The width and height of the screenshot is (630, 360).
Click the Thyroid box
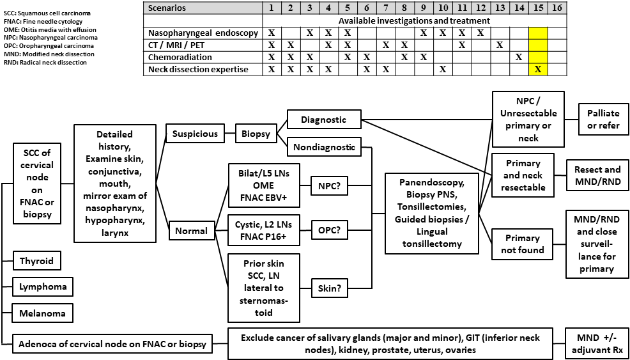(x=36, y=261)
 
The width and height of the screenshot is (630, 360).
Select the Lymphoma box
(x=42, y=286)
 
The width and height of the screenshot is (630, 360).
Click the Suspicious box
(x=196, y=134)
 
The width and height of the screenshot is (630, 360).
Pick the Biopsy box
(x=255, y=134)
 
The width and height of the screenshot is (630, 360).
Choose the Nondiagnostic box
(x=324, y=146)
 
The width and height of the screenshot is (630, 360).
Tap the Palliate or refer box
(x=603, y=120)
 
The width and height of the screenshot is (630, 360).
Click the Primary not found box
(x=523, y=244)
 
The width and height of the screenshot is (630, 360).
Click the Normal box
(x=192, y=231)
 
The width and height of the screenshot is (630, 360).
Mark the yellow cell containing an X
(x=538, y=69)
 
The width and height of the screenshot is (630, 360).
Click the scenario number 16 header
(x=557, y=8)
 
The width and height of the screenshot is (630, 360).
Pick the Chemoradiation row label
(x=178, y=57)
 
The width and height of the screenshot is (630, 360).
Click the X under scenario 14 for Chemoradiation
(x=519, y=57)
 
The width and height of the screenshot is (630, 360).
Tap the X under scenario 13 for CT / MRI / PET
(x=500, y=45)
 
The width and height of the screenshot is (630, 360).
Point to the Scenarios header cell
(x=167, y=8)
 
